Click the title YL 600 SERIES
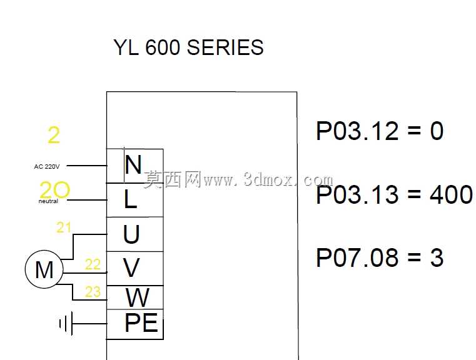point(188,47)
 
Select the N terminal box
point(134,166)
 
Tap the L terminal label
point(131,199)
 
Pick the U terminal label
point(131,234)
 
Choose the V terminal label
point(131,267)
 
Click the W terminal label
point(138,297)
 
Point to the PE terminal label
point(141,322)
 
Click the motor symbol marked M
point(44,269)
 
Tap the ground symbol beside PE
point(66,323)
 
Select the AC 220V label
point(47,166)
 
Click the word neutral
point(48,201)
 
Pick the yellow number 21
point(64,227)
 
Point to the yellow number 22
point(93,264)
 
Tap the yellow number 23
point(93,292)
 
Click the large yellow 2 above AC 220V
point(54,135)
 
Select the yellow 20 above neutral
point(55,189)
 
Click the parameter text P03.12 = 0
point(380,131)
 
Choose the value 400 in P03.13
point(451,194)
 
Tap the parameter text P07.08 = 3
point(380,257)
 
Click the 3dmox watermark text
point(238,179)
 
